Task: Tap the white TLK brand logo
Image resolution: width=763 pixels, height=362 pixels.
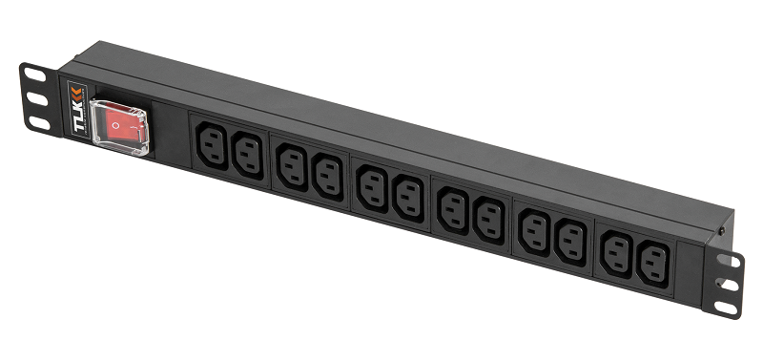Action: pyautogui.click(x=78, y=117)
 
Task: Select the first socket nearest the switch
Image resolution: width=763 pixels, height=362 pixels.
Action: pyautogui.click(x=212, y=146)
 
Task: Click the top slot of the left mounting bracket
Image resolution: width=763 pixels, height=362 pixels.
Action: pyautogui.click(x=35, y=75)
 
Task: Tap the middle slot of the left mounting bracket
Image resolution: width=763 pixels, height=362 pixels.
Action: pyautogui.click(x=37, y=99)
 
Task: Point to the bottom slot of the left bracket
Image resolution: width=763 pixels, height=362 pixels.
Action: pyautogui.click(x=39, y=123)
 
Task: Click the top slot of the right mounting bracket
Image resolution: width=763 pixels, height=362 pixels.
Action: pyautogui.click(x=729, y=260)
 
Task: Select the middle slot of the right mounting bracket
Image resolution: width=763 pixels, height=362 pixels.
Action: pyautogui.click(x=728, y=284)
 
